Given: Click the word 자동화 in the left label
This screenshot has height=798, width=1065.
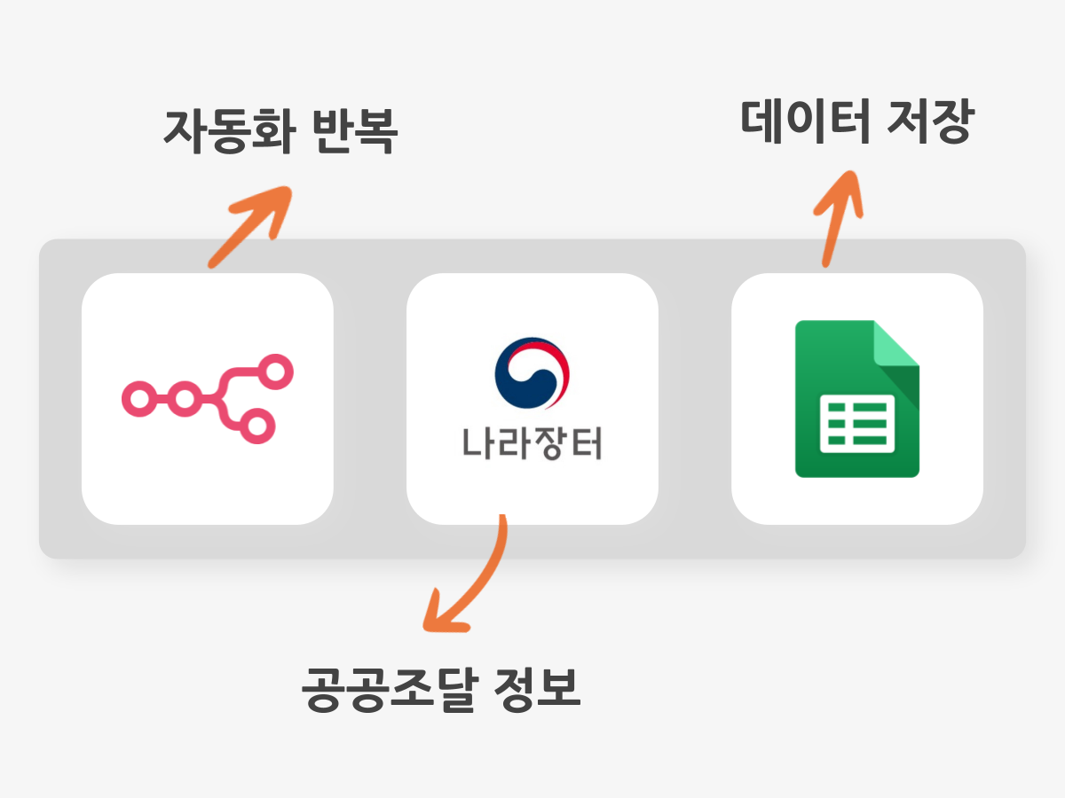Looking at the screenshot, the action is [230, 131].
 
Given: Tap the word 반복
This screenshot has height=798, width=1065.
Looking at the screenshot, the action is [355, 131].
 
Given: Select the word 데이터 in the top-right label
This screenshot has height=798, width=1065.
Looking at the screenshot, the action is [805, 121].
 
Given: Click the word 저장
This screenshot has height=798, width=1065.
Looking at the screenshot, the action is [931, 121].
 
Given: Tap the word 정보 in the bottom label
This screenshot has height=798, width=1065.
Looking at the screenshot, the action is [537, 689].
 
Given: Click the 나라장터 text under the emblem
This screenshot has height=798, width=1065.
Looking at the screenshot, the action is [532, 442].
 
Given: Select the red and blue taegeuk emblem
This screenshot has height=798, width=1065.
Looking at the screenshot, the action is [532, 372].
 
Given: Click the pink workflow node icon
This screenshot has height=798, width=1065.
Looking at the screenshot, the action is [208, 399].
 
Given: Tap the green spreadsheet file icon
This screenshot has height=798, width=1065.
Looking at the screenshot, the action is [857, 399].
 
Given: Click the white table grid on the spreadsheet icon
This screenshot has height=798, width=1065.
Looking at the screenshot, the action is [857, 424].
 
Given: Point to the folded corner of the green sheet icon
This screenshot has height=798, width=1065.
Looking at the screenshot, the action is [895, 343].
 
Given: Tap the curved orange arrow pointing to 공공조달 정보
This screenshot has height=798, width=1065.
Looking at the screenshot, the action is [480, 582].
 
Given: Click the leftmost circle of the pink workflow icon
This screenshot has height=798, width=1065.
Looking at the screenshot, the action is [139, 399].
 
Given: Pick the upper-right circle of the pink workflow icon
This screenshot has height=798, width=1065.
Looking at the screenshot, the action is [275, 372].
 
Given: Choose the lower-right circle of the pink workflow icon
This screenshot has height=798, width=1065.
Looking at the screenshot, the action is [257, 426].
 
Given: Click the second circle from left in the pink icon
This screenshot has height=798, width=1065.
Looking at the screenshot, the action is [185, 399].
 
